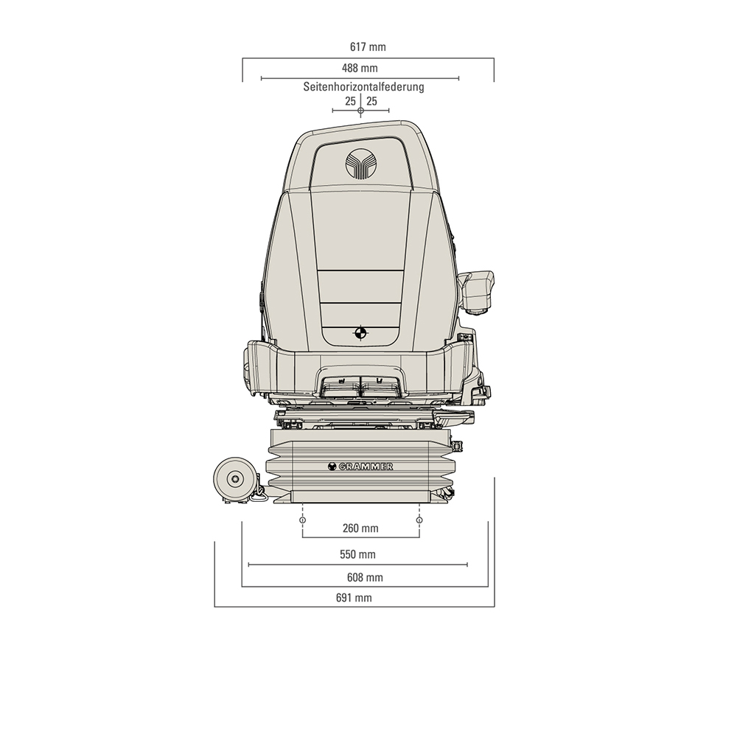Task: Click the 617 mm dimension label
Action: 368,47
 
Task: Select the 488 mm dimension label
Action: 360,69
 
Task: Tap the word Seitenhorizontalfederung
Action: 363,87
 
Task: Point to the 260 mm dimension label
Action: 360,528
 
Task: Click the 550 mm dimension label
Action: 357,554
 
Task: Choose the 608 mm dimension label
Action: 365,577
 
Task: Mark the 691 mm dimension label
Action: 354,598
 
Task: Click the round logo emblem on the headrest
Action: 360,164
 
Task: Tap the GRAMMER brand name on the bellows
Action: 360,467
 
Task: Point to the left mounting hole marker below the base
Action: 303,521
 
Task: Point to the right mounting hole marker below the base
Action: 419,521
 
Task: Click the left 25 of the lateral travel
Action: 350,101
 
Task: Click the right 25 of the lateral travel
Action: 371,101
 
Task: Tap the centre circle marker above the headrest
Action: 360,111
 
